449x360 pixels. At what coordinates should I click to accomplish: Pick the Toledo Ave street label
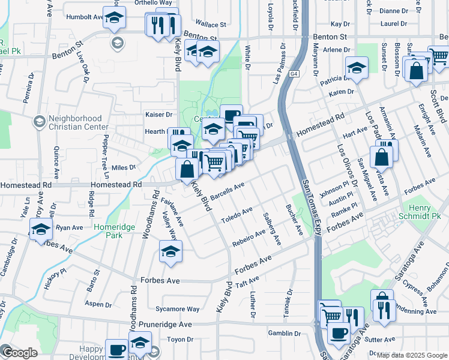pos(237,214)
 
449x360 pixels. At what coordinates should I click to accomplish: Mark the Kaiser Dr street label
pos(159,114)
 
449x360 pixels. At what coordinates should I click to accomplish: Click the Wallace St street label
pos(213,25)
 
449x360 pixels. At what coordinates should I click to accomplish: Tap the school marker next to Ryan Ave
pos(41,230)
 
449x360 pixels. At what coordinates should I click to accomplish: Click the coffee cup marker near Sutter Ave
pos(338,332)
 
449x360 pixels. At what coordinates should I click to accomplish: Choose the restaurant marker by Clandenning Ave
pos(382,310)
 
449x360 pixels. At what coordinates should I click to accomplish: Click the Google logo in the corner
pos(20,353)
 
